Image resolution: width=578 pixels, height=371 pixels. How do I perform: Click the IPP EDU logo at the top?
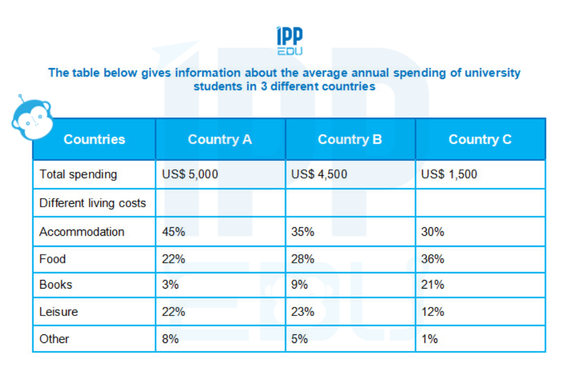[x=289, y=41]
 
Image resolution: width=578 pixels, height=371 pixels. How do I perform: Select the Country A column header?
[x=220, y=140]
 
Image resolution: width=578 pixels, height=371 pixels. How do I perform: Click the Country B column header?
[x=350, y=140]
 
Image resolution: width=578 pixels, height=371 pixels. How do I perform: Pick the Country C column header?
[x=480, y=140]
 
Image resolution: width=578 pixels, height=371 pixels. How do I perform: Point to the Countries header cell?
[x=94, y=140]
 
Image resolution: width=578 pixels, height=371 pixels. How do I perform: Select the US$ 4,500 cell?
[x=319, y=175]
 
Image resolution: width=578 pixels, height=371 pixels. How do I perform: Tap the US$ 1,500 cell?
[x=449, y=175]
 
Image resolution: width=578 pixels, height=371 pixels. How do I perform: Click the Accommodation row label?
[x=81, y=232]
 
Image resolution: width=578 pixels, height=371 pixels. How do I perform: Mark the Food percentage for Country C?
[x=433, y=259]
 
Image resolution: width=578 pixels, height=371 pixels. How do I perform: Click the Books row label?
[x=56, y=285]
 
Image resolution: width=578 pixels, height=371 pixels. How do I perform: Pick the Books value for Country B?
[x=300, y=285]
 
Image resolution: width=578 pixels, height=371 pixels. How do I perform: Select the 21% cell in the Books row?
[x=432, y=285]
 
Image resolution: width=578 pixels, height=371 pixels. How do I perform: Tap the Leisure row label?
[x=58, y=312]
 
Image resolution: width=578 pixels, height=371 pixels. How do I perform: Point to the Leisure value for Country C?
[x=432, y=312]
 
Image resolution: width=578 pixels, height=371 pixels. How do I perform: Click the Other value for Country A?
[x=170, y=339]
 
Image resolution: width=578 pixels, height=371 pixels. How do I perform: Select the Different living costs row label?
[x=92, y=203]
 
